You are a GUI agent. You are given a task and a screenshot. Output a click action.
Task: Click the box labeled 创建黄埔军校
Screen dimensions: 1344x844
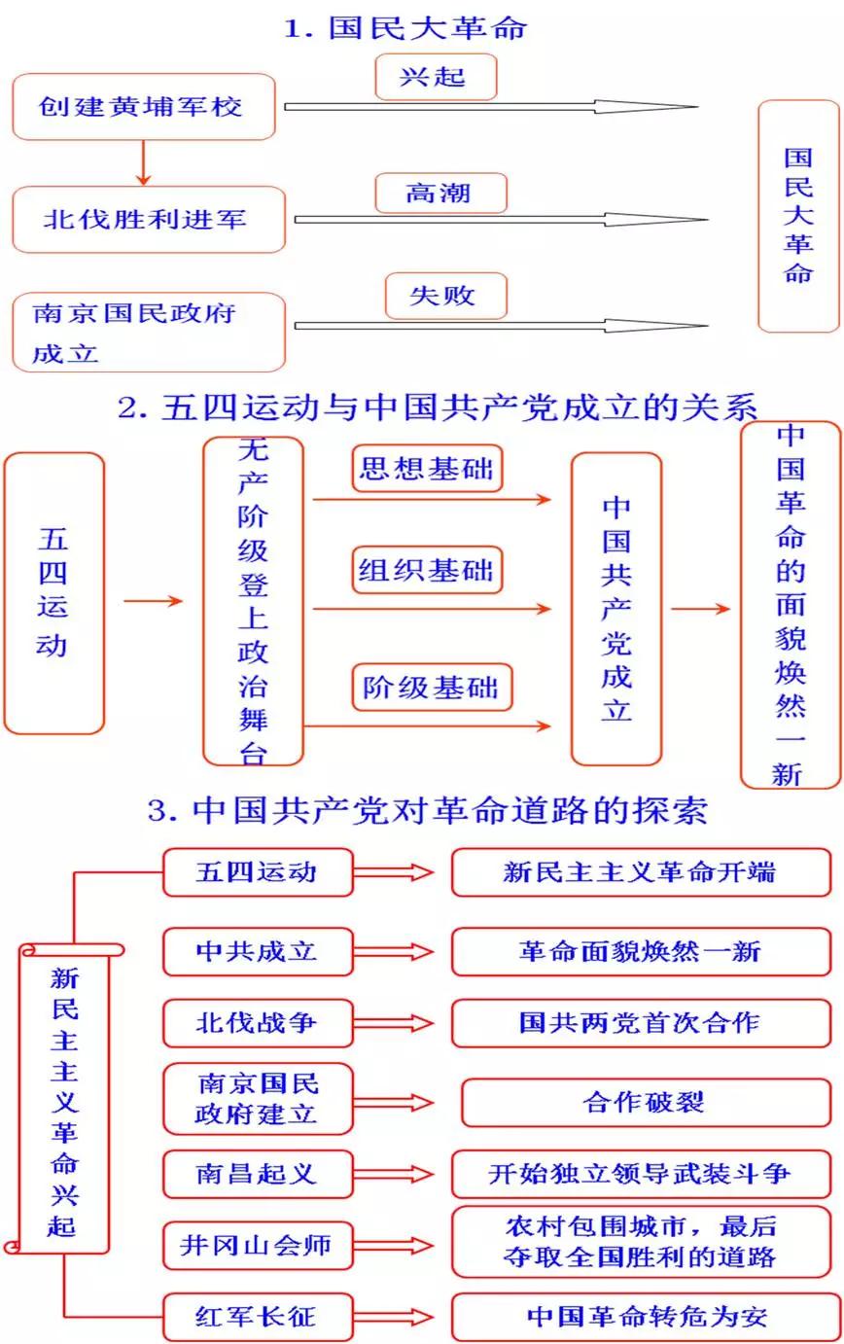[143, 106]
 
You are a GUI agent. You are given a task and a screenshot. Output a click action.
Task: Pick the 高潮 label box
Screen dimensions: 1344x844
[440, 193]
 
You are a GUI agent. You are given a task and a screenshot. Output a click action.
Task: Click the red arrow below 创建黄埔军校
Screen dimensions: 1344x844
[144, 162]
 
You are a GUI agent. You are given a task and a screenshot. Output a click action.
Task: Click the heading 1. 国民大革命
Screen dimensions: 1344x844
[405, 27]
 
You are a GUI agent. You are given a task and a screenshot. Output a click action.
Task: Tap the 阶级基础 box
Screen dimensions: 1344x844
[431, 688]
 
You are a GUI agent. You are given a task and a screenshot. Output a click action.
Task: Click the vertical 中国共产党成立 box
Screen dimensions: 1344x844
[615, 608]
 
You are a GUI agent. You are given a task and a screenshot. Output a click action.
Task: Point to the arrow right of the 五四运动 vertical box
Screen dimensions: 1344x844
[154, 602]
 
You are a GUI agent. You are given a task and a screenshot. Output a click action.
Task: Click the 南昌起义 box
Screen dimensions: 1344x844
[257, 1174]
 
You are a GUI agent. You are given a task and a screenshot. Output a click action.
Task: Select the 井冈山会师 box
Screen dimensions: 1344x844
[257, 1246]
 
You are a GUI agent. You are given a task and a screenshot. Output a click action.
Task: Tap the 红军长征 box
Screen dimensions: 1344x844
[257, 1318]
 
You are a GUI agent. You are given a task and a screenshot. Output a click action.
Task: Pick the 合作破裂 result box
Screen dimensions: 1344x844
[644, 1103]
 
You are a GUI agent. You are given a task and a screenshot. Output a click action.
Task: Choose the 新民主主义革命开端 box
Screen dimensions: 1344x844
[640, 871]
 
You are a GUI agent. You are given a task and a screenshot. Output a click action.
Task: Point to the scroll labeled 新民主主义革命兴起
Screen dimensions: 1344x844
[64, 1099]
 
